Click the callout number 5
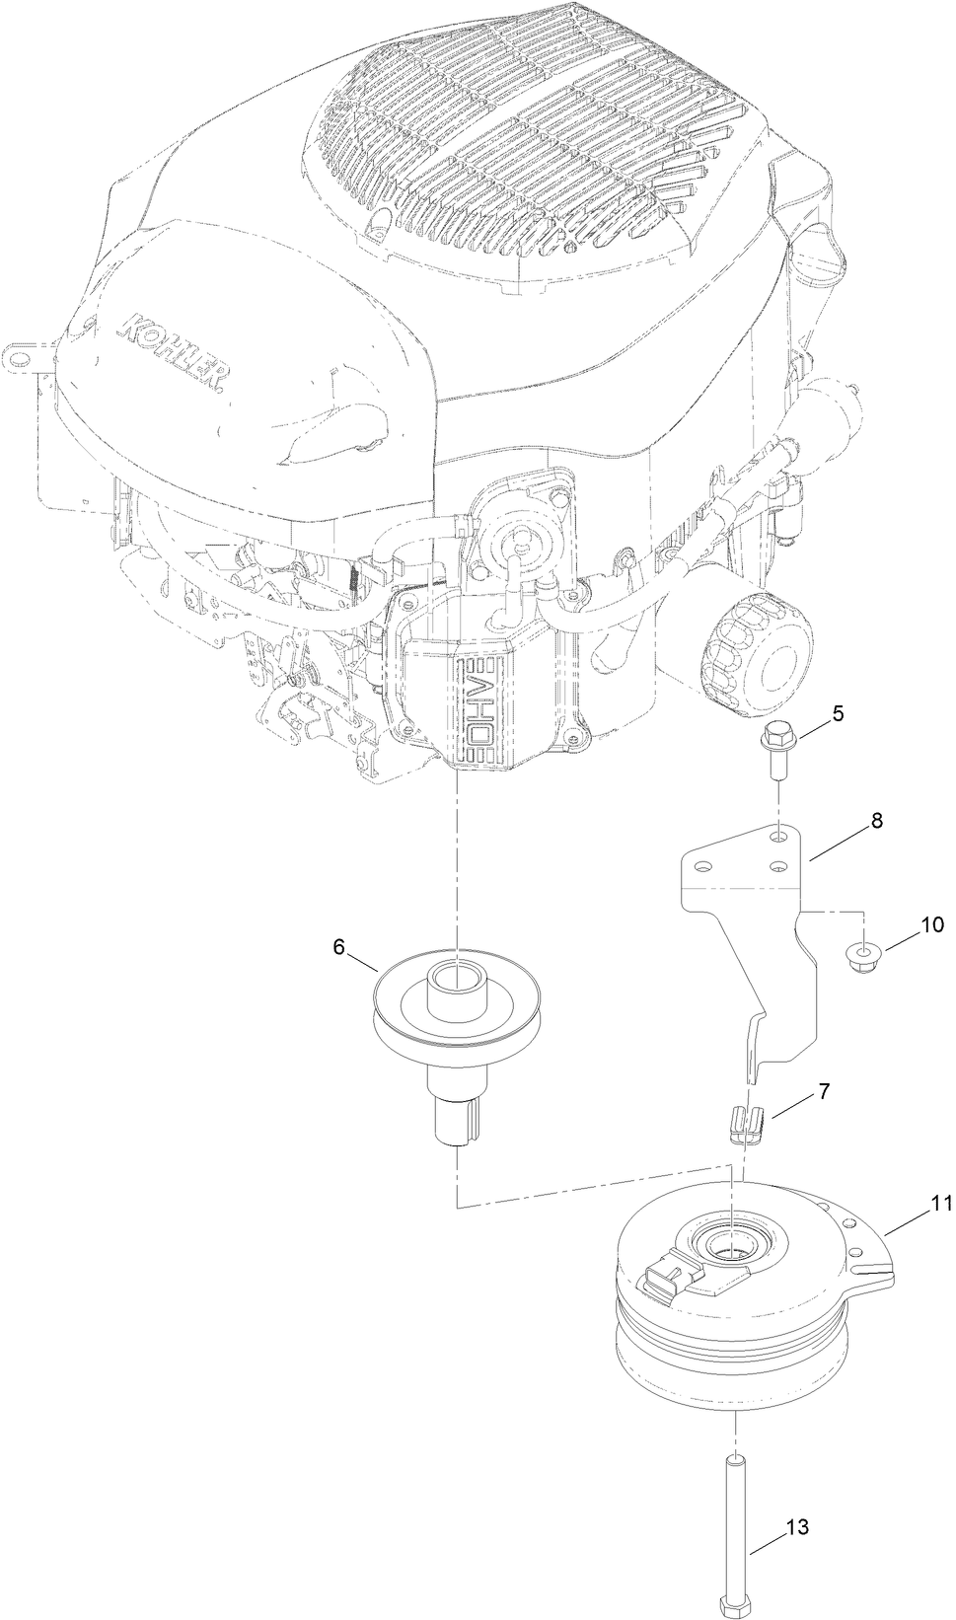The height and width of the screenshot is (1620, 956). click(x=838, y=713)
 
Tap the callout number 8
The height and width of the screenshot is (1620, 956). click(x=876, y=819)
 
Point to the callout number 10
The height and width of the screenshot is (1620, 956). click(x=932, y=924)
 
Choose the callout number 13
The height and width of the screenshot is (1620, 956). click(x=797, y=1527)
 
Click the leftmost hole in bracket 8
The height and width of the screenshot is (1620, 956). click(x=702, y=866)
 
